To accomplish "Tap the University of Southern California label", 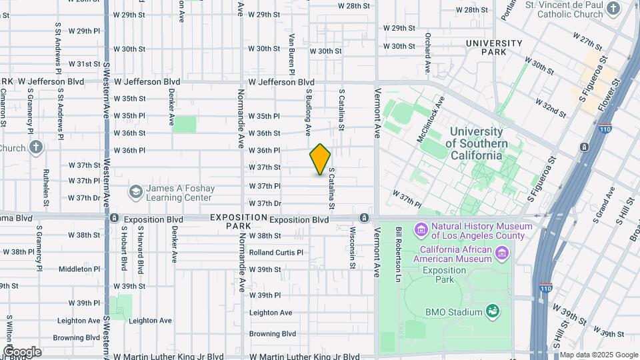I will (476, 143).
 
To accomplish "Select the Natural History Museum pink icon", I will (421, 231).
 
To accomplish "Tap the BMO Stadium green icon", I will (493, 311).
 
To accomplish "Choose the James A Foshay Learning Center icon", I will (136, 193).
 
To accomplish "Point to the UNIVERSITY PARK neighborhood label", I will (494, 47).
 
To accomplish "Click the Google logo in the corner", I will (21, 351).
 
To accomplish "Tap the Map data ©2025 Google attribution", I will (599, 355).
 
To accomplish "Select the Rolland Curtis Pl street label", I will (276, 253).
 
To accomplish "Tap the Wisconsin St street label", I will (352, 247).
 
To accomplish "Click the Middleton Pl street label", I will (79, 269).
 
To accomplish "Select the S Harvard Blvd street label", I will (141, 247).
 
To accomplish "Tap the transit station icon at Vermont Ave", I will (364, 218).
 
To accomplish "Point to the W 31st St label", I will (84, 64).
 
